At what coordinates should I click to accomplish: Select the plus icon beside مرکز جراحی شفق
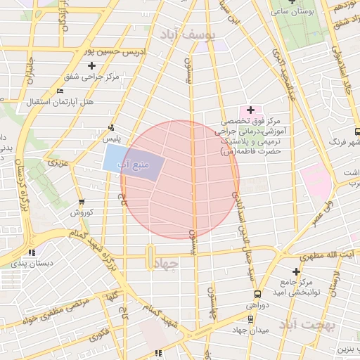[x=91, y=66]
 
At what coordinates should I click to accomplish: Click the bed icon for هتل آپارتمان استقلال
[x=60, y=91]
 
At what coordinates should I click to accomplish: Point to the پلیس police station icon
[x=110, y=127]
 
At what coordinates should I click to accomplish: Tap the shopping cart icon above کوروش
[x=81, y=202]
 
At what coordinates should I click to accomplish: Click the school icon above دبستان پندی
[x=31, y=252]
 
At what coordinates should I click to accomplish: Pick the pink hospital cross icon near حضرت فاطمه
[x=250, y=110]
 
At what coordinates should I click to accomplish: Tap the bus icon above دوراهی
[x=257, y=295]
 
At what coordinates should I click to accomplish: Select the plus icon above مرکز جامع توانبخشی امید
[x=296, y=271]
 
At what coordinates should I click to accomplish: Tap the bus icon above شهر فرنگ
[x=357, y=131]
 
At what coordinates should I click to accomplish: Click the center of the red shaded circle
[x=180, y=179]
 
